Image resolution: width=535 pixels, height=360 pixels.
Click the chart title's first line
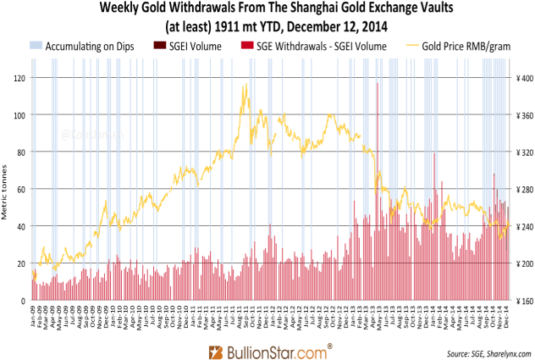tap(267, 8)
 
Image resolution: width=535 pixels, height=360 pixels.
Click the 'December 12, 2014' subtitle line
tap(267, 25)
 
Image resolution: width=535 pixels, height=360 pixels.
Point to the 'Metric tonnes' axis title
tap(6, 189)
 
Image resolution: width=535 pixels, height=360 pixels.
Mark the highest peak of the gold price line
tap(245, 84)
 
